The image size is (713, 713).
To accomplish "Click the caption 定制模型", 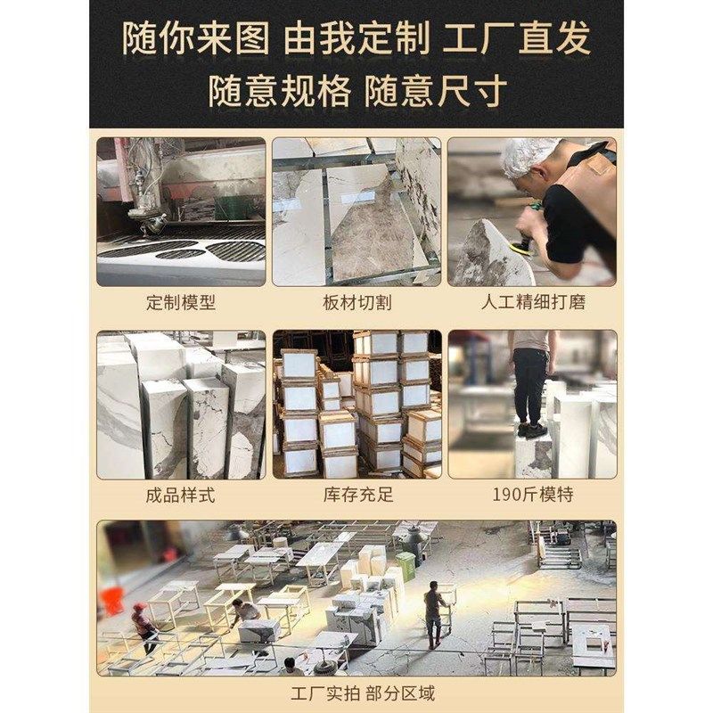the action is (x=181, y=302).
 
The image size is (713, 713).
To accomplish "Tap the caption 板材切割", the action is (x=357, y=302).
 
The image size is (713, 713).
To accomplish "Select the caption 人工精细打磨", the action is (x=533, y=302).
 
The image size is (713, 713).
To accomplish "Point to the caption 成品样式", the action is (x=181, y=495).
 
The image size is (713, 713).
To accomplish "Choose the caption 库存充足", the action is (x=358, y=495).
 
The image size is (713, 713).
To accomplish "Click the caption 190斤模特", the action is (x=533, y=495).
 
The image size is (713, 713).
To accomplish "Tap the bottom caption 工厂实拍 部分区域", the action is (x=363, y=693).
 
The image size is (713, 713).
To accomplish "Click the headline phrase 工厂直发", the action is (x=517, y=38).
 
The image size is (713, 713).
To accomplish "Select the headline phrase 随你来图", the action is (x=196, y=38).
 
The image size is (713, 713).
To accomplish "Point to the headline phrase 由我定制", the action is (x=356, y=38).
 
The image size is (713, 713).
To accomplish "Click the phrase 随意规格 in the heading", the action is (x=280, y=91).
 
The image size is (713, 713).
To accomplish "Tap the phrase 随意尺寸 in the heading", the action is (x=436, y=91).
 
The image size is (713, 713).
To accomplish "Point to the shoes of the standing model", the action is (x=533, y=430).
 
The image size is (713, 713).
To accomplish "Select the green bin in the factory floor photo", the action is (x=406, y=566).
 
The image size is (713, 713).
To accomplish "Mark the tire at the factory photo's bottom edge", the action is (x=325, y=668).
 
